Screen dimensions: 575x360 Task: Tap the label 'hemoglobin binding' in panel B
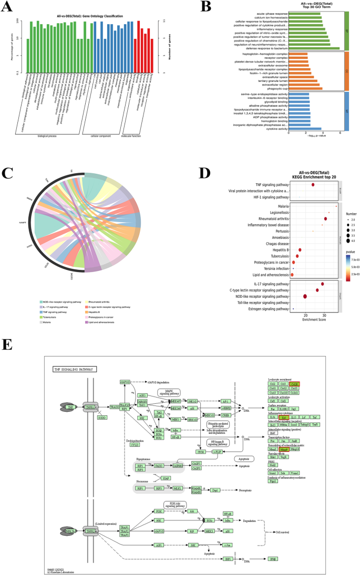pos(276,120)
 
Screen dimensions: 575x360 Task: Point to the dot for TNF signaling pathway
pos(313,184)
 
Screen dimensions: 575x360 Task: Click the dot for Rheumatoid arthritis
pos(325,218)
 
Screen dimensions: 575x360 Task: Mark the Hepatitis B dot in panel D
pos(300,250)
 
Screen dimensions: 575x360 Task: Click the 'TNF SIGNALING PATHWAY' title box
pos(73,369)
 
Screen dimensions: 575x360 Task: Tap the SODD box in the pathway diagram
pos(102,417)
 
